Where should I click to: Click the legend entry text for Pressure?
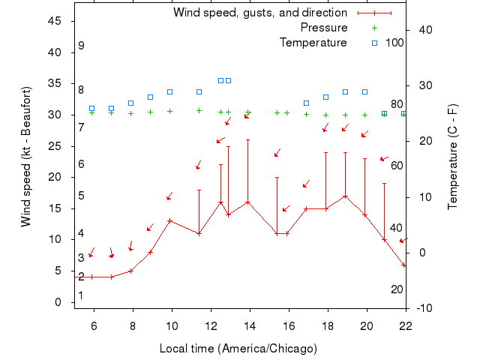click(324, 28)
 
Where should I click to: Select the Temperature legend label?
click(313, 42)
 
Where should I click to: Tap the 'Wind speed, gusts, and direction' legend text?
click(260, 13)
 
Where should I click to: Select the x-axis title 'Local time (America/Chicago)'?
click(238, 349)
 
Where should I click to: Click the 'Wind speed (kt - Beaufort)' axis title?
click(25, 157)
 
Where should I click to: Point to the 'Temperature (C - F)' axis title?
click(452, 157)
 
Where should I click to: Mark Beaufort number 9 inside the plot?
click(81, 46)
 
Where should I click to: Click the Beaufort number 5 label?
click(81, 196)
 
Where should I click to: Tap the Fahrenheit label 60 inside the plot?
click(396, 165)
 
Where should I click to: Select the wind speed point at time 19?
click(345, 196)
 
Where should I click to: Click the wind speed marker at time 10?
click(170, 220)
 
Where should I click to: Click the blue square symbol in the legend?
click(375, 42)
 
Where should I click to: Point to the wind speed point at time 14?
click(247, 202)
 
